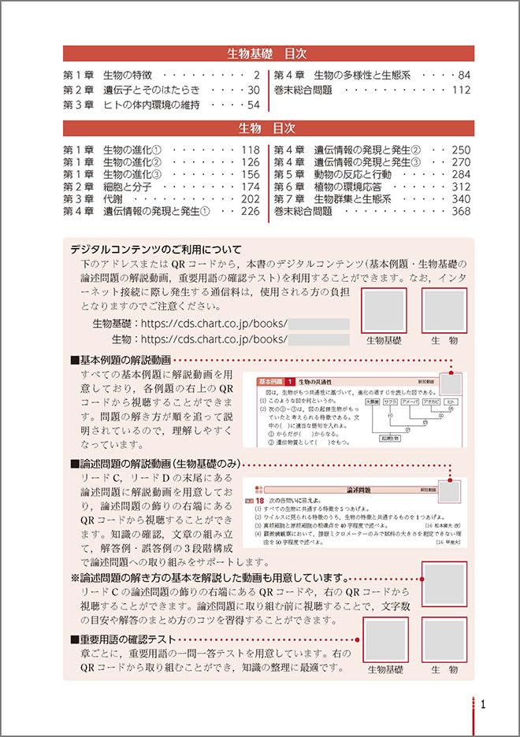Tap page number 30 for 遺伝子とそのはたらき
point(253,90)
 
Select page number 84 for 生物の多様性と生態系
point(463,76)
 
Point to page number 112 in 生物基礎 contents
point(460,90)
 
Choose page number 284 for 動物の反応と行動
point(460,174)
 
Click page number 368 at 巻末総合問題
point(460,211)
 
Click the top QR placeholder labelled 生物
point(444,310)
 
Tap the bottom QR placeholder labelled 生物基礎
point(384,639)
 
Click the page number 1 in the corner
point(482,705)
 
